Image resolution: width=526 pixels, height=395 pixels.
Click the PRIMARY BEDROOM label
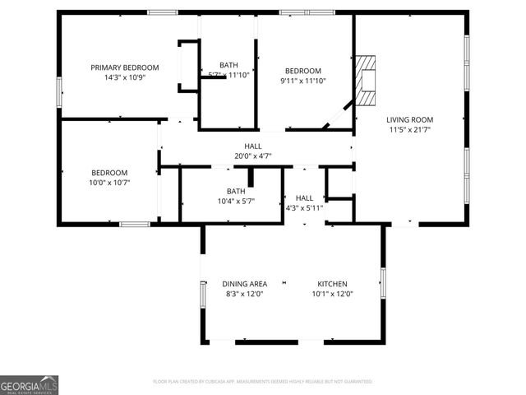pos(125,67)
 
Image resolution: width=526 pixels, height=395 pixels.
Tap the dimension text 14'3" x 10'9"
pos(125,78)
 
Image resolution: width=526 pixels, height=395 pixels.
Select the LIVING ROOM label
pos(410,118)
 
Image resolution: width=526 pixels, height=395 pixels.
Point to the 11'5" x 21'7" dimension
pos(410,129)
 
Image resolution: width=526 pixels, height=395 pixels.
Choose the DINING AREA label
pos(244,284)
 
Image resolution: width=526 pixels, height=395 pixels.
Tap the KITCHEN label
pos(333,284)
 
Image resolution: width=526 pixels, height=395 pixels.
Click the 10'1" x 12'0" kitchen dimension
pos(333,295)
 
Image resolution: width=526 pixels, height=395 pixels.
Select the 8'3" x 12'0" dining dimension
pos(244,295)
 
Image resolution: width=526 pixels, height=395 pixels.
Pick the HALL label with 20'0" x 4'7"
pos(253,146)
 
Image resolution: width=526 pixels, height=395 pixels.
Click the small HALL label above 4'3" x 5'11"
pos(304,197)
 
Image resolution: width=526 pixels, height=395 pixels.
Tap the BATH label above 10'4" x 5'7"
pos(236,191)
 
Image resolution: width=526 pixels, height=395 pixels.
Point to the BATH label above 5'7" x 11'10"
pos(228,65)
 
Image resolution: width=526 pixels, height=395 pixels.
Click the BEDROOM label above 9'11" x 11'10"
pos(303,71)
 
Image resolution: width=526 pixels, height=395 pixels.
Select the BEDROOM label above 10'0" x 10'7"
pos(109,172)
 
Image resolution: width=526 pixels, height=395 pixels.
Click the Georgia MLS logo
pos(30,385)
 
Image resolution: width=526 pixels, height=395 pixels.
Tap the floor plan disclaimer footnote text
pos(263,382)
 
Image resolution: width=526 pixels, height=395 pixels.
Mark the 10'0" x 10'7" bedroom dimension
pos(109,183)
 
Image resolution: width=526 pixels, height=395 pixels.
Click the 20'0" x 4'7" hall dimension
pos(253,156)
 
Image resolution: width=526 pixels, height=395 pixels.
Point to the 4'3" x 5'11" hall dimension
pos(304,208)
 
